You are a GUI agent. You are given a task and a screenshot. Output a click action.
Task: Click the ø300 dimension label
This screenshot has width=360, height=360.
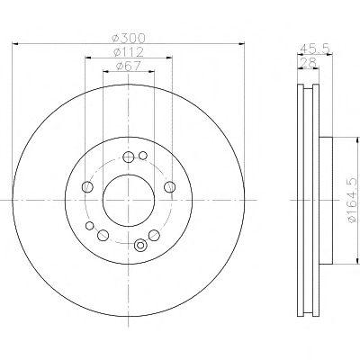point(128,38)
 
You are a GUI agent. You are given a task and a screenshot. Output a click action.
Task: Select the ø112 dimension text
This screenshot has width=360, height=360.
point(129,52)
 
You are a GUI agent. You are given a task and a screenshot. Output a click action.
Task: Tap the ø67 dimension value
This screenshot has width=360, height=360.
point(129,66)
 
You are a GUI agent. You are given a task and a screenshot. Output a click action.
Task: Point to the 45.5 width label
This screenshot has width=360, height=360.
point(315,48)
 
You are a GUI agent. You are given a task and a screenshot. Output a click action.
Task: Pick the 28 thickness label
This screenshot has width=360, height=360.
point(308,62)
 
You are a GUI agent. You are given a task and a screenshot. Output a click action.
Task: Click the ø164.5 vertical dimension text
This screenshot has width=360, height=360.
point(353,201)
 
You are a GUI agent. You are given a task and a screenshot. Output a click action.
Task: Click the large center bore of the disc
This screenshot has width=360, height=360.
point(129,200)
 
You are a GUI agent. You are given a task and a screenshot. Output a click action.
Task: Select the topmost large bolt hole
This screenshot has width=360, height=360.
point(129,157)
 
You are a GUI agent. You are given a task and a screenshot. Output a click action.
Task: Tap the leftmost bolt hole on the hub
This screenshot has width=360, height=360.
point(87,187)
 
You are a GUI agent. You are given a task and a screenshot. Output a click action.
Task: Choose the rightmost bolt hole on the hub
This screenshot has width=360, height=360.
point(170,187)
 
